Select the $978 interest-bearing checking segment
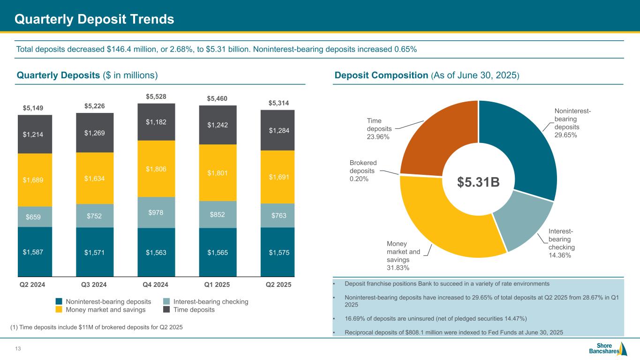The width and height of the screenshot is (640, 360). (x=156, y=212)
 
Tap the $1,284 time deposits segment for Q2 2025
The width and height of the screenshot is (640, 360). (x=278, y=130)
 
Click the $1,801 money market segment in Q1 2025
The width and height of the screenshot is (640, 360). (x=218, y=172)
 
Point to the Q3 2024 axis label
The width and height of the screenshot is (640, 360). (x=95, y=285)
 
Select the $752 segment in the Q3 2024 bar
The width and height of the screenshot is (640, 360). (x=95, y=216)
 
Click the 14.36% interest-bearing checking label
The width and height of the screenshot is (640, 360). (x=561, y=243)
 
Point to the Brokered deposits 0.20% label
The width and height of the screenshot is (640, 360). (x=363, y=171)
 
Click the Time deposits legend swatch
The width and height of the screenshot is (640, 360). (x=166, y=310)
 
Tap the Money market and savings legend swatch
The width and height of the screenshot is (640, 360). (x=59, y=310)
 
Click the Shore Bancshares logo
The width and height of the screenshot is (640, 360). (x=608, y=349)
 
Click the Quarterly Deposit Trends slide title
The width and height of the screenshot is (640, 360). (x=94, y=19)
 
